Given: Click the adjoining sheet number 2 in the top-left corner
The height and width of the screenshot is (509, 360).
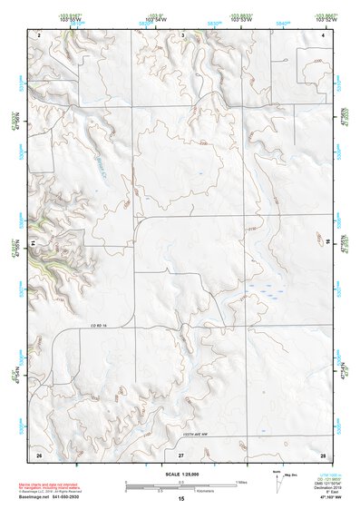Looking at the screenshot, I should point(40,34).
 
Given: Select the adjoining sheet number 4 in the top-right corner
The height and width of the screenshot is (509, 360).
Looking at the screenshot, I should point(323,34).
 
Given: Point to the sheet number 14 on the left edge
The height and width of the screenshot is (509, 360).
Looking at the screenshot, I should point(34,243).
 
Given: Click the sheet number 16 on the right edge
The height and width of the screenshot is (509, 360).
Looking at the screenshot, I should point(329,243).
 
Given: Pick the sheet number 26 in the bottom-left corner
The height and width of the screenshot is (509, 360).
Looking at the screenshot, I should point(39,452).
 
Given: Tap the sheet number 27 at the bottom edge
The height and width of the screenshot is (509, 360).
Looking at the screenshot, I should point(181,452).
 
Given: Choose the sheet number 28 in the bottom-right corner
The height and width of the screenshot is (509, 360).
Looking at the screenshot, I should point(323,452).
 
